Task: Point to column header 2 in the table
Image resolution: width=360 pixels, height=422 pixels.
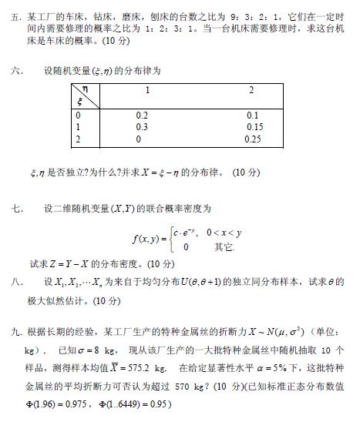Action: pyautogui.click(x=251, y=91)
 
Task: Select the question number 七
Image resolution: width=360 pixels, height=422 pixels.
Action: pyautogui.click(x=15, y=208)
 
